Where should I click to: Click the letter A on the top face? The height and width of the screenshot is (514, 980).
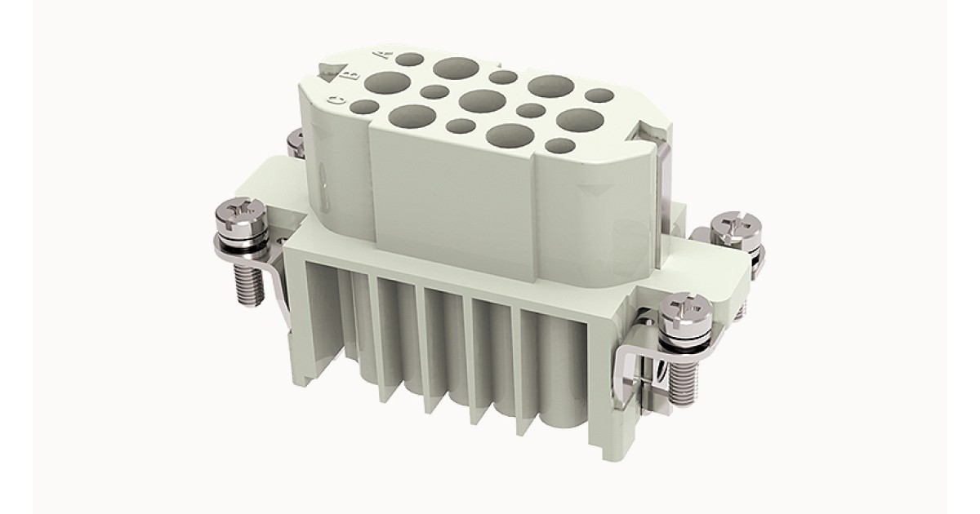point(384,55)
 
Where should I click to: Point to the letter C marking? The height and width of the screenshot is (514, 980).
point(336,100)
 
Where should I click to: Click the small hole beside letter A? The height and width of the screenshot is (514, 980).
point(410,59)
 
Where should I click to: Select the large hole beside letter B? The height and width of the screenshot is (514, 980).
point(387,83)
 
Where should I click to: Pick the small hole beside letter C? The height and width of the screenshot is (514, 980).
point(364,107)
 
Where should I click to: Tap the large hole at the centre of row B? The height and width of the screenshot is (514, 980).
point(483,101)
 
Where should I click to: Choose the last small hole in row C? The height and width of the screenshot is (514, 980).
point(560,145)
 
